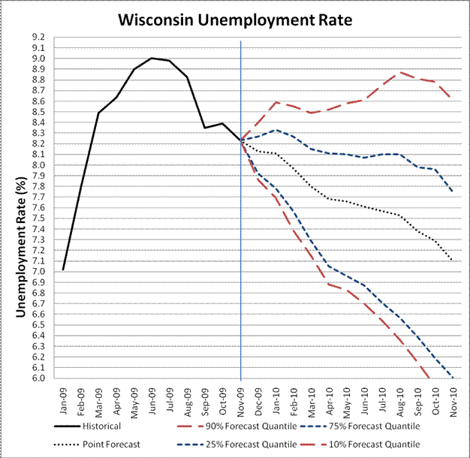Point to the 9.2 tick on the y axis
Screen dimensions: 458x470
38,37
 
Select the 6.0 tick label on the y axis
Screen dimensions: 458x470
38,378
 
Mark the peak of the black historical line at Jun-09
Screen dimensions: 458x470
152,58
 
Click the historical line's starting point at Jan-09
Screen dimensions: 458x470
64,269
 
